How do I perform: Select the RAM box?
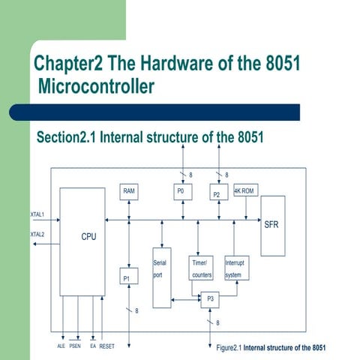coord(130,192)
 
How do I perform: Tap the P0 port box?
coord(181,192)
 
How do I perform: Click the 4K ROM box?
coord(245,190)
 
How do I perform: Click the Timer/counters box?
coord(202,269)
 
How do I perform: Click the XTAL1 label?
coord(37,214)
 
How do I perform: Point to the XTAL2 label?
coord(37,235)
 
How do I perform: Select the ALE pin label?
coord(61,347)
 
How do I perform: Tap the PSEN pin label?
coord(76,347)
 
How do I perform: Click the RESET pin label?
coord(106,347)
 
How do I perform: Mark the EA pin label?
coord(93,347)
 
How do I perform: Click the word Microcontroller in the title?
coord(96,87)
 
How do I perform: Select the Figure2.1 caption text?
coord(271,348)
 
